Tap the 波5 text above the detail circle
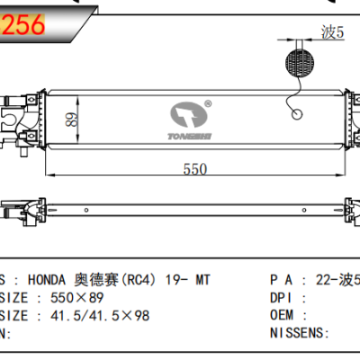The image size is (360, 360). click(x=332, y=33)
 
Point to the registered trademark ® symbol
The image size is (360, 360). click(x=208, y=101)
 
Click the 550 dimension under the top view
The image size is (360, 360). click(x=195, y=169)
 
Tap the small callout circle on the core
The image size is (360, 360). click(x=297, y=114)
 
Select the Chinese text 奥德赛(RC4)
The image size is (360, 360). click(x=101, y=280)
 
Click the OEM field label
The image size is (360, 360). click(x=283, y=316)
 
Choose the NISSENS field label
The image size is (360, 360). click(x=297, y=334)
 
